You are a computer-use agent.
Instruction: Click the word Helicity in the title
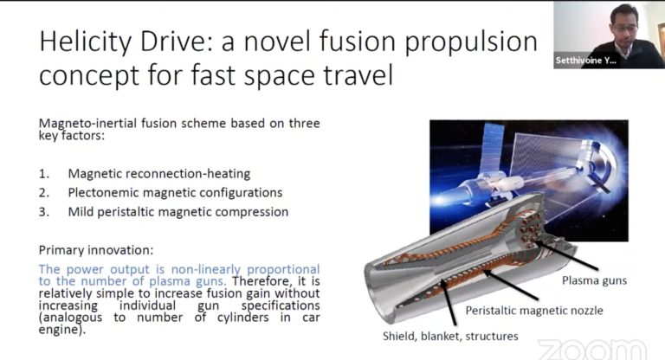coord(83,41)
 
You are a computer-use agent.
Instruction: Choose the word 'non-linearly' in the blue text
coord(184,269)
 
